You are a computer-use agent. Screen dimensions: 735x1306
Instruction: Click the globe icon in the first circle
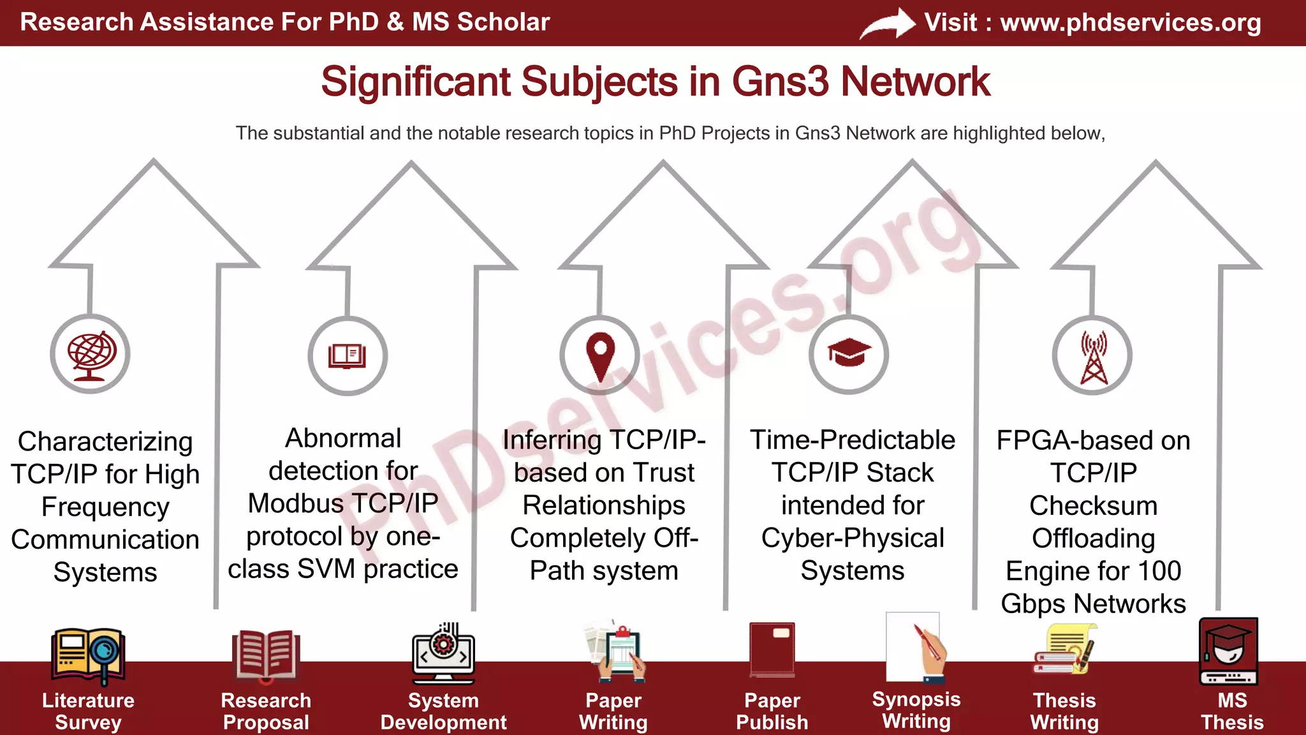coord(91,355)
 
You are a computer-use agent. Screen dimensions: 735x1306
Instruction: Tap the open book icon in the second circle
coord(348,355)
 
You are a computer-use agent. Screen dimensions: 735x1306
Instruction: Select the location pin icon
coord(600,355)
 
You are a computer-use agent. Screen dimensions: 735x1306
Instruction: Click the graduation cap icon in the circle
coord(849,353)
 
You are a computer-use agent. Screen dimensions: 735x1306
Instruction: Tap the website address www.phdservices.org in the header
coord(1130,22)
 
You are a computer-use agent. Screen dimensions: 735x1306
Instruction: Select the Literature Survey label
coord(88,711)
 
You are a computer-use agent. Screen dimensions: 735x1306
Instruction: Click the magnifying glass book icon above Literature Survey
coord(88,654)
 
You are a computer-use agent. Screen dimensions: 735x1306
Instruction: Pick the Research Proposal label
coord(266,711)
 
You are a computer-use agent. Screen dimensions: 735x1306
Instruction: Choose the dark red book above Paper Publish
coord(772,650)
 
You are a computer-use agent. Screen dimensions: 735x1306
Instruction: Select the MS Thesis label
coord(1231,711)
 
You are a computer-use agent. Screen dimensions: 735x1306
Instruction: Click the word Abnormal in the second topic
coord(343,438)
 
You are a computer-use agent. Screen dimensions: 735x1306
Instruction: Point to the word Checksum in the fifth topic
coord(1093,505)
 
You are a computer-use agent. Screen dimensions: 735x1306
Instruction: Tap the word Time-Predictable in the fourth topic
coord(852,440)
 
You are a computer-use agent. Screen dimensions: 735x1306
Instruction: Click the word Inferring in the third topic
coord(552,440)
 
